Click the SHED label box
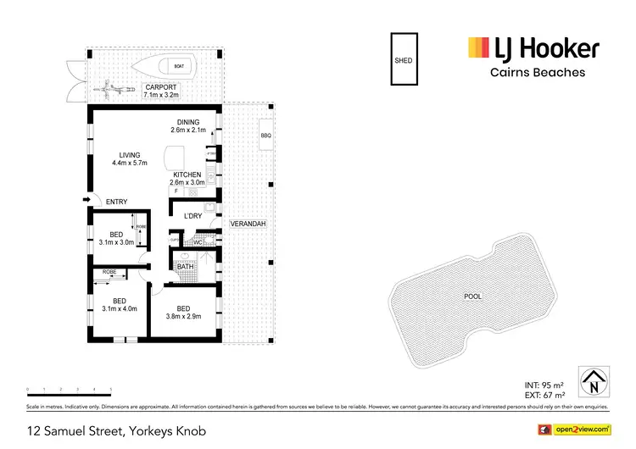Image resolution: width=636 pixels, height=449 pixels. [403, 60]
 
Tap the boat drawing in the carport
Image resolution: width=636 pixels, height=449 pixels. [177, 64]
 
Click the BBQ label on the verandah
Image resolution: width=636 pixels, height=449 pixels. [265, 136]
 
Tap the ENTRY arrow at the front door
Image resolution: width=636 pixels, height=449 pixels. [88, 200]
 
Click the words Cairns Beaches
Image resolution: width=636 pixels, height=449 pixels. [538, 72]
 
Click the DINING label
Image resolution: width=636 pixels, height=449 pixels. [188, 122]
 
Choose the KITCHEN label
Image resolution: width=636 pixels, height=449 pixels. [187, 175]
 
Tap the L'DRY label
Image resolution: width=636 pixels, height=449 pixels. [193, 216]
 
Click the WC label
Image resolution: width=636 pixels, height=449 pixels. [197, 242]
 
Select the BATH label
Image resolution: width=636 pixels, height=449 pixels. [185, 267]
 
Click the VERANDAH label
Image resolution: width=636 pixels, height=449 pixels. [248, 224]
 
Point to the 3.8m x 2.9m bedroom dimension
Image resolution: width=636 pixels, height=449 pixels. [183, 318]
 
